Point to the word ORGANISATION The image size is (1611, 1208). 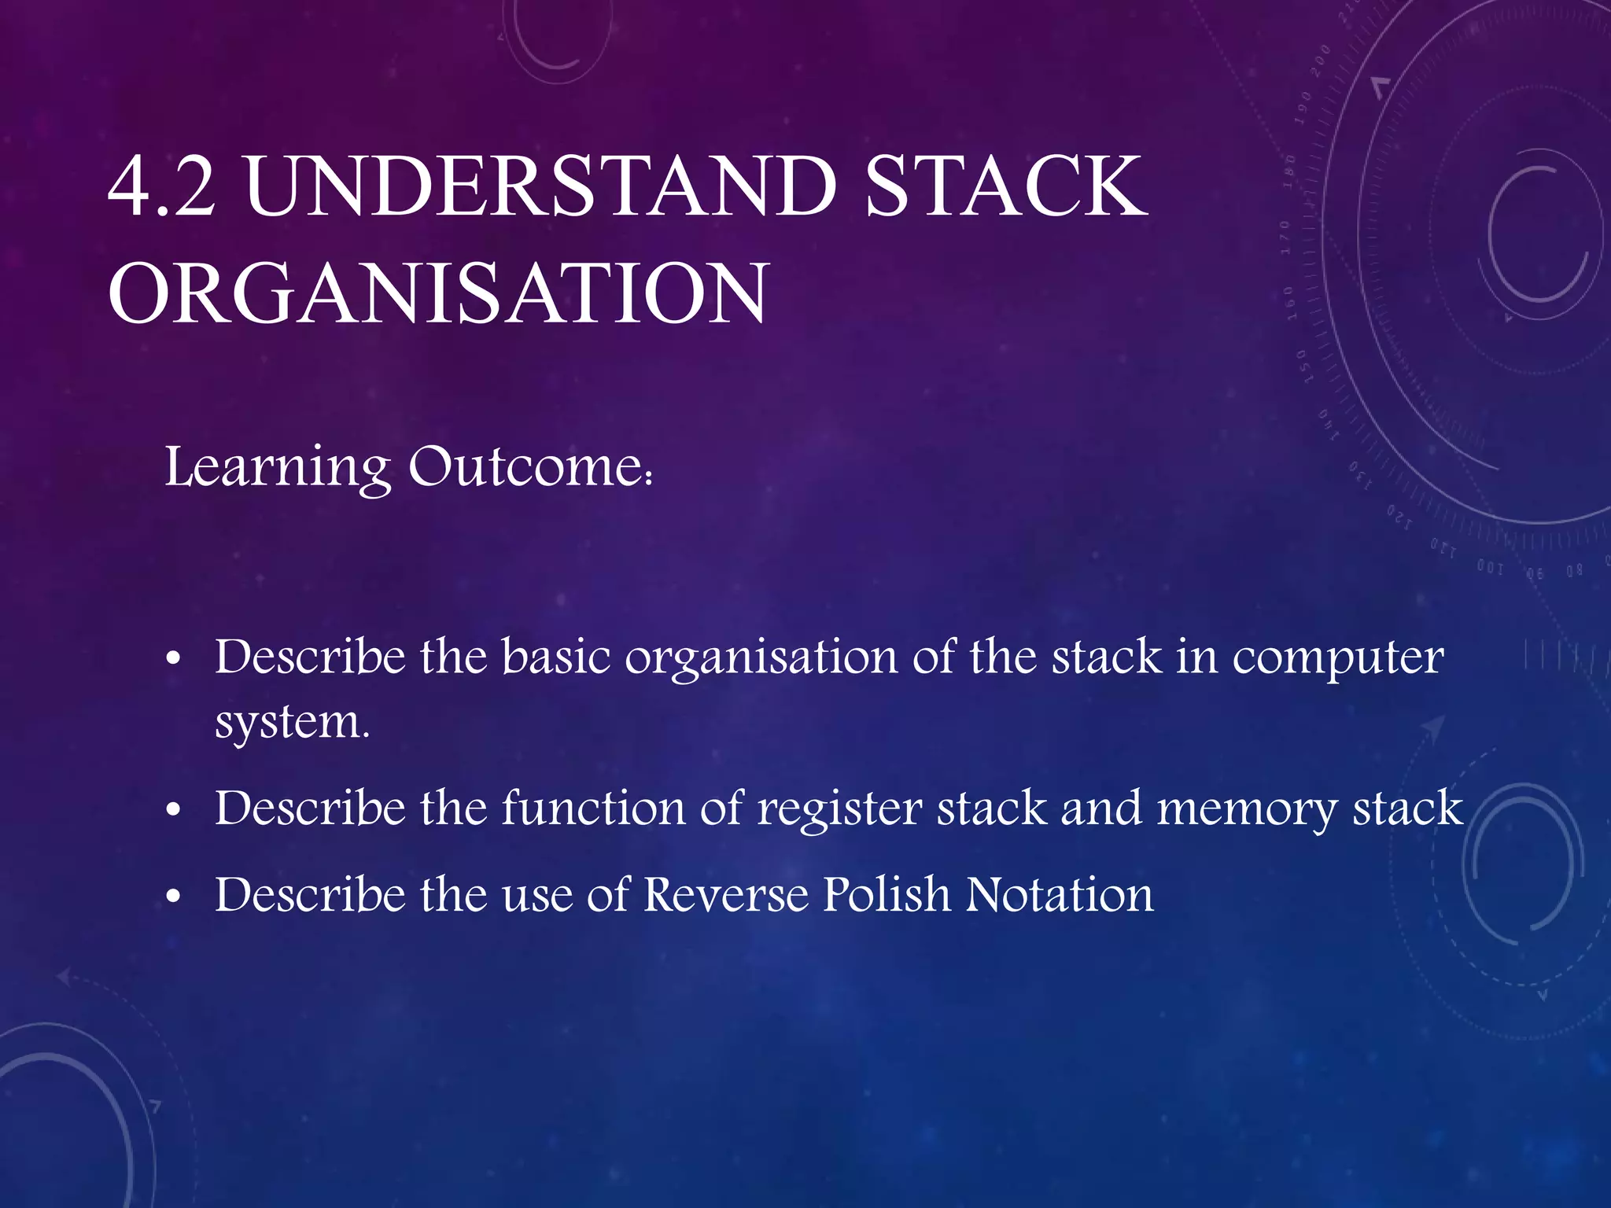(x=437, y=294)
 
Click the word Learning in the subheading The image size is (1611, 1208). (x=278, y=468)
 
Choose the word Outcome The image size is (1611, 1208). (x=528, y=468)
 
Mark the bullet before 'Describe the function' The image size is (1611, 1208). (x=174, y=810)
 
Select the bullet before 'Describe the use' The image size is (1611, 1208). (x=174, y=897)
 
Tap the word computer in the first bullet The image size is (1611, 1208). (x=1337, y=659)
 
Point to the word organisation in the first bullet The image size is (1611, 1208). (x=761, y=659)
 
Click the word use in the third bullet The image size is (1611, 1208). (x=537, y=897)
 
